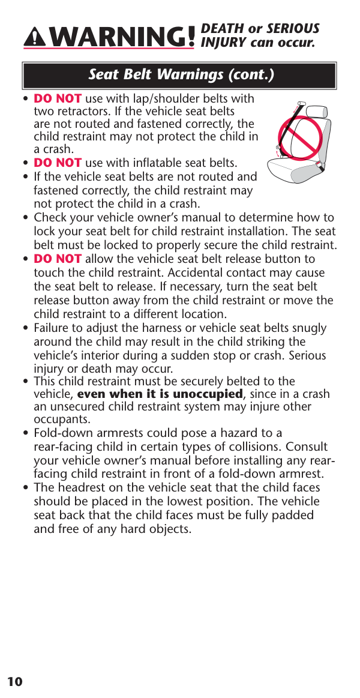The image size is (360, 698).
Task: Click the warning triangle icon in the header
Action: tap(37, 38)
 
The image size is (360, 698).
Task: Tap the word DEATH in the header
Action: tap(223, 29)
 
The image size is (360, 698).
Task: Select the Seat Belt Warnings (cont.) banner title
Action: tap(181, 75)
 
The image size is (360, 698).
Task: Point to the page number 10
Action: tap(15, 681)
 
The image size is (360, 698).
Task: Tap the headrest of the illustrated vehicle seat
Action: tap(316, 112)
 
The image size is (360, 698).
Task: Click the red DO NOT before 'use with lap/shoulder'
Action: tap(58, 98)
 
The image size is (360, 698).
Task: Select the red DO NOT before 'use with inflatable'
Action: tap(58, 163)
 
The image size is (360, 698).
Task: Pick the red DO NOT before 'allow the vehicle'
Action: tap(58, 259)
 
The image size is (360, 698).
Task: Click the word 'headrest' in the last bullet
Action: tap(77, 488)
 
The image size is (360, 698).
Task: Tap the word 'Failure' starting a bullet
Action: tap(53, 328)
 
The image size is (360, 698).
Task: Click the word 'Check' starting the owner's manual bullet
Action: tap(50, 218)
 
